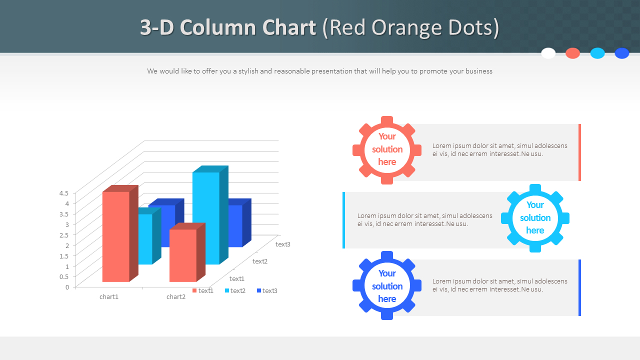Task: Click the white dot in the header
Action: [x=548, y=53]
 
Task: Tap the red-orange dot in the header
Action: [x=573, y=53]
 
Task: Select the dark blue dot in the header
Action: [x=622, y=53]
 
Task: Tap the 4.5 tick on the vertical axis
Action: [x=64, y=193]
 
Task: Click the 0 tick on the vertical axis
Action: [x=67, y=287]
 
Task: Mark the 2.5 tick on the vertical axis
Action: [x=64, y=234]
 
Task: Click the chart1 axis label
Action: [x=109, y=296]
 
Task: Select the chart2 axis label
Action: [x=176, y=296]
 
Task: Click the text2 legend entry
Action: [x=235, y=290]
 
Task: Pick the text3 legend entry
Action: [x=267, y=290]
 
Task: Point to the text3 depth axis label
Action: [x=282, y=244]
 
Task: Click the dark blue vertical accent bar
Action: [x=579, y=287]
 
